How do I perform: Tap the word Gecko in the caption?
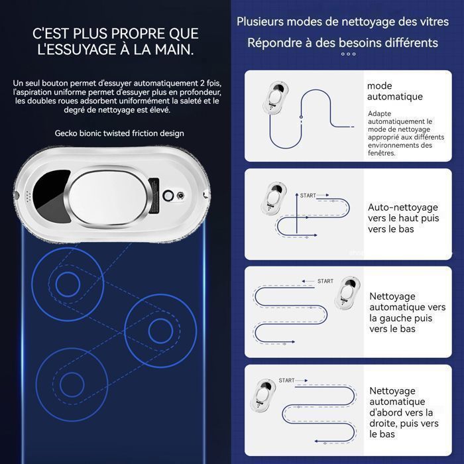[x=64, y=133]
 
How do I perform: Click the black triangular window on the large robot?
[x=51, y=196]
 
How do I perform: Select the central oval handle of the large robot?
[x=108, y=197]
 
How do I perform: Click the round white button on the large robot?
[x=168, y=196]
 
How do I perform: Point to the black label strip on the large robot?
[x=154, y=196]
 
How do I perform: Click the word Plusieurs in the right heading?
[x=260, y=22]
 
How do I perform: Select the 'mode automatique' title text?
[x=395, y=91]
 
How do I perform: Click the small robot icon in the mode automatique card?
[x=276, y=97]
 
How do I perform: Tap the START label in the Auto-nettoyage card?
[x=308, y=196]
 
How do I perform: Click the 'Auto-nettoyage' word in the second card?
[x=403, y=207]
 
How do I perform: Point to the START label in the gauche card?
[x=325, y=281]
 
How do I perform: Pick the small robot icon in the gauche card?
[x=347, y=293]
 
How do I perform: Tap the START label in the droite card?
[x=286, y=380]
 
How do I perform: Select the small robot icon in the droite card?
[x=262, y=395]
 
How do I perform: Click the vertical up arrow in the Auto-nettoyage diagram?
[x=296, y=213]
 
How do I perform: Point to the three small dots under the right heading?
[x=348, y=54]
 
